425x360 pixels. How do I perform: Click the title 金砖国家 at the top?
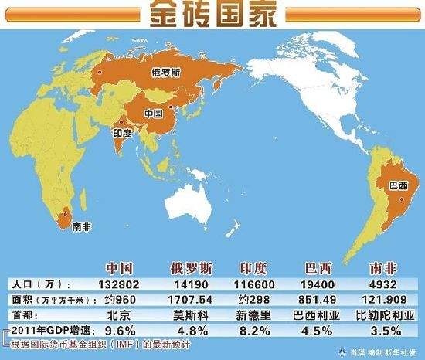tap(212, 15)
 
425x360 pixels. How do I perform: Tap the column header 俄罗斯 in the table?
tap(189, 269)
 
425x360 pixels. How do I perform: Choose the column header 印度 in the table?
tap(254, 269)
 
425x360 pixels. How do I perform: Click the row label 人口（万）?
tap(34, 285)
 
